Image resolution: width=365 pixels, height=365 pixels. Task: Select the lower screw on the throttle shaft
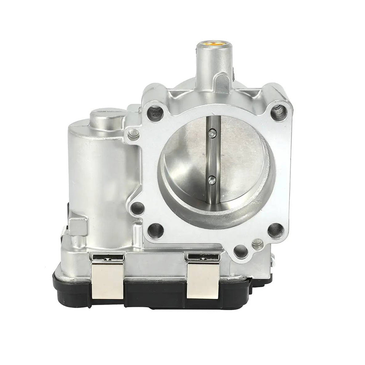click(x=211, y=179)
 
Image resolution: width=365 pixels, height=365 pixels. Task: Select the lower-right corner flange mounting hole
click(x=275, y=230)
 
